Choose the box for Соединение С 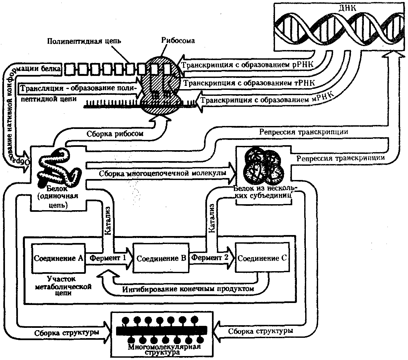(x=262, y=258)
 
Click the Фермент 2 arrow (x=211, y=258)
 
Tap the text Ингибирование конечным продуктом (x=188, y=288)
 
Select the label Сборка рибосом (x=115, y=134)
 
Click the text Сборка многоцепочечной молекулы (x=163, y=173)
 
